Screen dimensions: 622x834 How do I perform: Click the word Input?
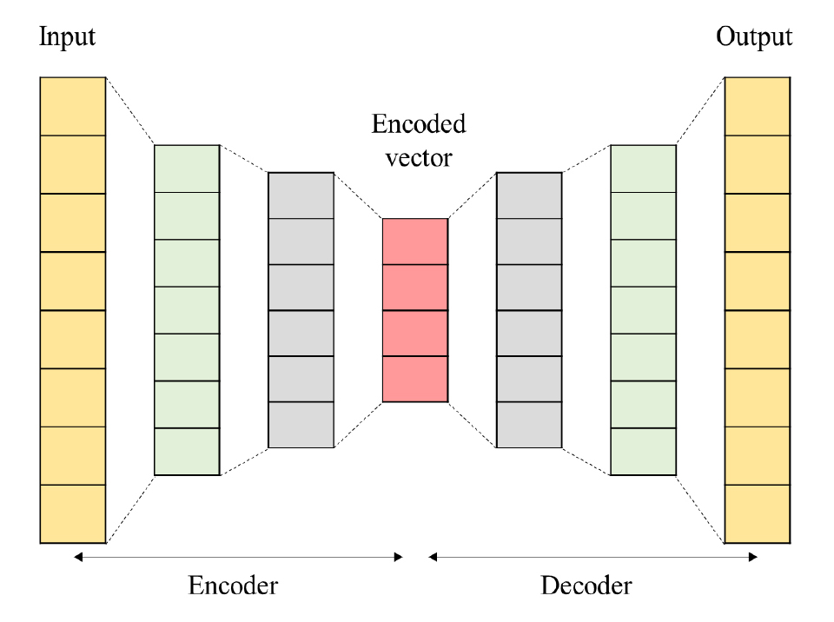(x=67, y=37)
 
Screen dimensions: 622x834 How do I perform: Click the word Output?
(x=754, y=37)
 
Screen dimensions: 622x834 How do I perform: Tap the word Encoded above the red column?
(x=418, y=124)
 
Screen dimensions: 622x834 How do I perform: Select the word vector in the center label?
(x=418, y=158)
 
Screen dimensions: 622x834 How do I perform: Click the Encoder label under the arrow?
(x=233, y=586)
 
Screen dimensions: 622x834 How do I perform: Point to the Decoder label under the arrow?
(x=586, y=586)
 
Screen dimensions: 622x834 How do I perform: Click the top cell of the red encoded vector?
(x=415, y=241)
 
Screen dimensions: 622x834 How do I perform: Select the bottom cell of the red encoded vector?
(x=415, y=379)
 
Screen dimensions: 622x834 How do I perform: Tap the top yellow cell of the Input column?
(x=73, y=106)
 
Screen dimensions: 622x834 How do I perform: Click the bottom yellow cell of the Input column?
(x=73, y=514)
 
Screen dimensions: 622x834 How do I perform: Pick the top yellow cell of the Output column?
(x=758, y=106)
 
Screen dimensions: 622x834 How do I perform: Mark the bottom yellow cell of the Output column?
(x=758, y=514)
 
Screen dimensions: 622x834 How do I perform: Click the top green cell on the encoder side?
(x=187, y=169)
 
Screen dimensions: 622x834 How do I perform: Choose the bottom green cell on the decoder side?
(x=643, y=452)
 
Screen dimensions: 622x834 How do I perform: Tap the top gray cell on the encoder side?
(x=301, y=195)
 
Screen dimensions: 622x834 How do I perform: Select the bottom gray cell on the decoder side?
(x=529, y=425)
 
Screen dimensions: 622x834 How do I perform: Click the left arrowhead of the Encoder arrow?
(x=78, y=557)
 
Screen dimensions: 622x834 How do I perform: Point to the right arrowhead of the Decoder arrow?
(x=754, y=557)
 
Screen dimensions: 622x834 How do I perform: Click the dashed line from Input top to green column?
(x=130, y=111)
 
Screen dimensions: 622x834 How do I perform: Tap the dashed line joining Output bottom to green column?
(x=700, y=509)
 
